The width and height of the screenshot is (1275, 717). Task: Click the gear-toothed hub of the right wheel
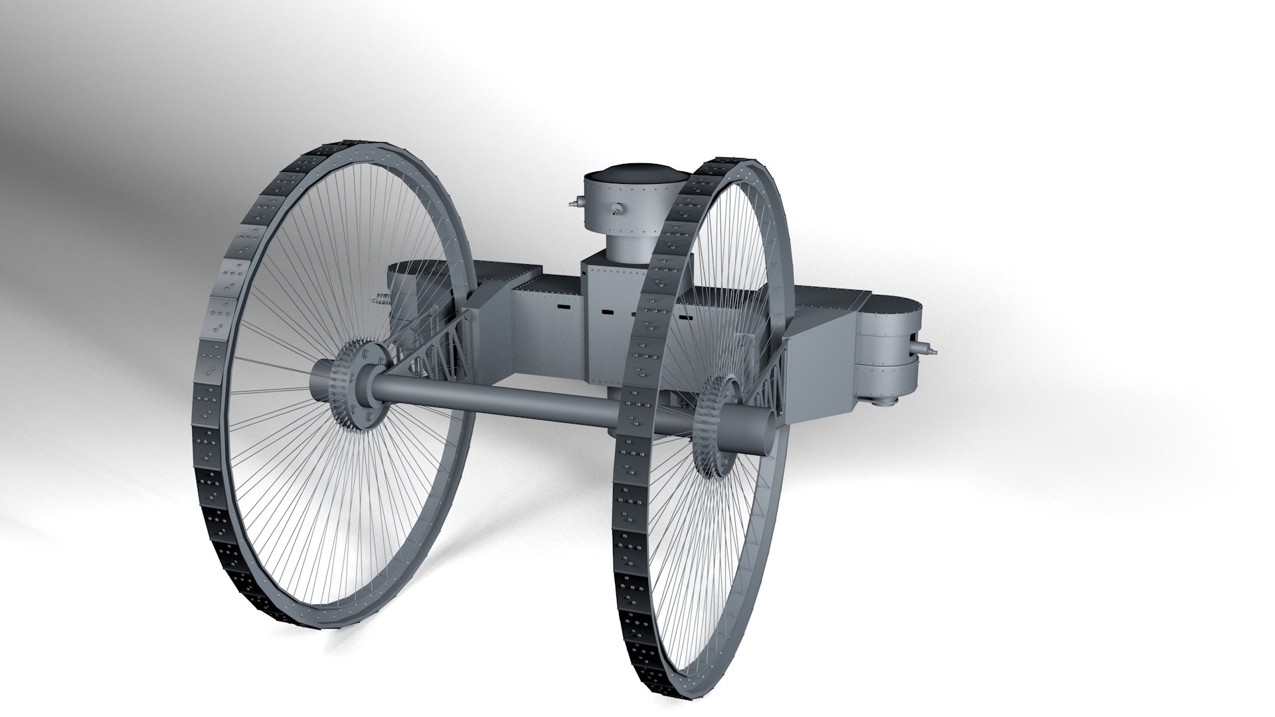(714, 425)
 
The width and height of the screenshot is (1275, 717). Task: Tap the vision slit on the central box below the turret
(607, 310)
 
